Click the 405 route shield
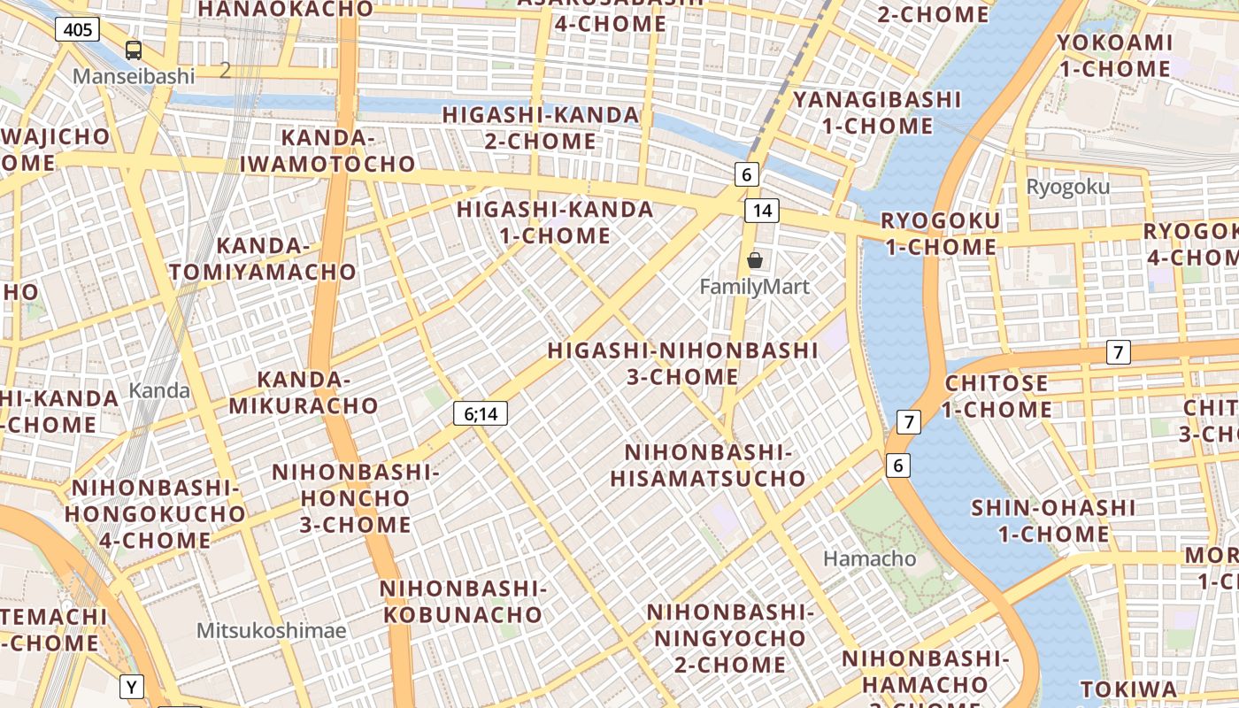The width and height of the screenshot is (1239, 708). pos(78,29)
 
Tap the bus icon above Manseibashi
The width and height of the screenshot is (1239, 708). pos(133,50)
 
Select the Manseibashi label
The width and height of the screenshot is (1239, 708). pos(134,76)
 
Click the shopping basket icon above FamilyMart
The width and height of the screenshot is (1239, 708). pos(755,260)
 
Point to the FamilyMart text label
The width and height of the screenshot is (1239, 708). pos(755,287)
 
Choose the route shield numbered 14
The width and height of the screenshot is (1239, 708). pos(762,211)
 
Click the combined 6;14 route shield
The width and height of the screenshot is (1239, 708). pos(481,412)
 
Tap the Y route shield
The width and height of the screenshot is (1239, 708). pos(132,686)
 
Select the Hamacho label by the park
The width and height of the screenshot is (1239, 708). pos(870,558)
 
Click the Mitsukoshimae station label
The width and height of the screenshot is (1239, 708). pos(272,630)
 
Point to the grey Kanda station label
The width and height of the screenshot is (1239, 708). pos(159,390)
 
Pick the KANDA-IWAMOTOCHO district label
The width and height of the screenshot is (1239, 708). pos(327,150)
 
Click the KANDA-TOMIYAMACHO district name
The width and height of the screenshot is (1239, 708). pos(263,258)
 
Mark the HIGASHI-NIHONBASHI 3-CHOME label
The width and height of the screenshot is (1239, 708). pos(682,363)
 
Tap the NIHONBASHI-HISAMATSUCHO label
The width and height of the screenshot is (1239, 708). pos(708,466)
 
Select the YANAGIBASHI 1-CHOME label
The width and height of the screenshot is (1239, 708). pos(877,112)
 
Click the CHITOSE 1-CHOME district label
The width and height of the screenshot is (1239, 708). pos(997,396)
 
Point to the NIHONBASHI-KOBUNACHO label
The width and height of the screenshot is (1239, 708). pos(462,601)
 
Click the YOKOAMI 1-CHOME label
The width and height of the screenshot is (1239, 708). pos(1114,56)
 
